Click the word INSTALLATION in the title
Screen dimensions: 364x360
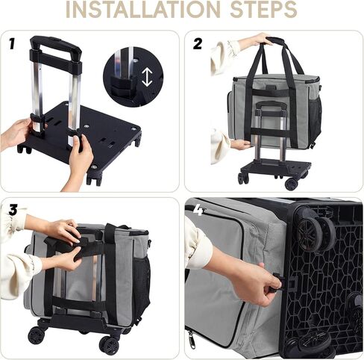click(143, 10)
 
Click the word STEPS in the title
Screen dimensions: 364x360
click(264, 10)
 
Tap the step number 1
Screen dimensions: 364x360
click(12, 43)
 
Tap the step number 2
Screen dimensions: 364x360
click(198, 44)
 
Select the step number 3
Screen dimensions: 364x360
click(13, 210)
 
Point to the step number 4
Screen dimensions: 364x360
click(198, 211)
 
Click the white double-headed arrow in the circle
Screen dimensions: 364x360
click(147, 77)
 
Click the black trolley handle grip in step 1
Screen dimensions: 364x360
click(56, 46)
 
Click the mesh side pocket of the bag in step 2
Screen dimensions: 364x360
click(315, 117)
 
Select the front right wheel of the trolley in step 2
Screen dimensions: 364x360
click(291, 184)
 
